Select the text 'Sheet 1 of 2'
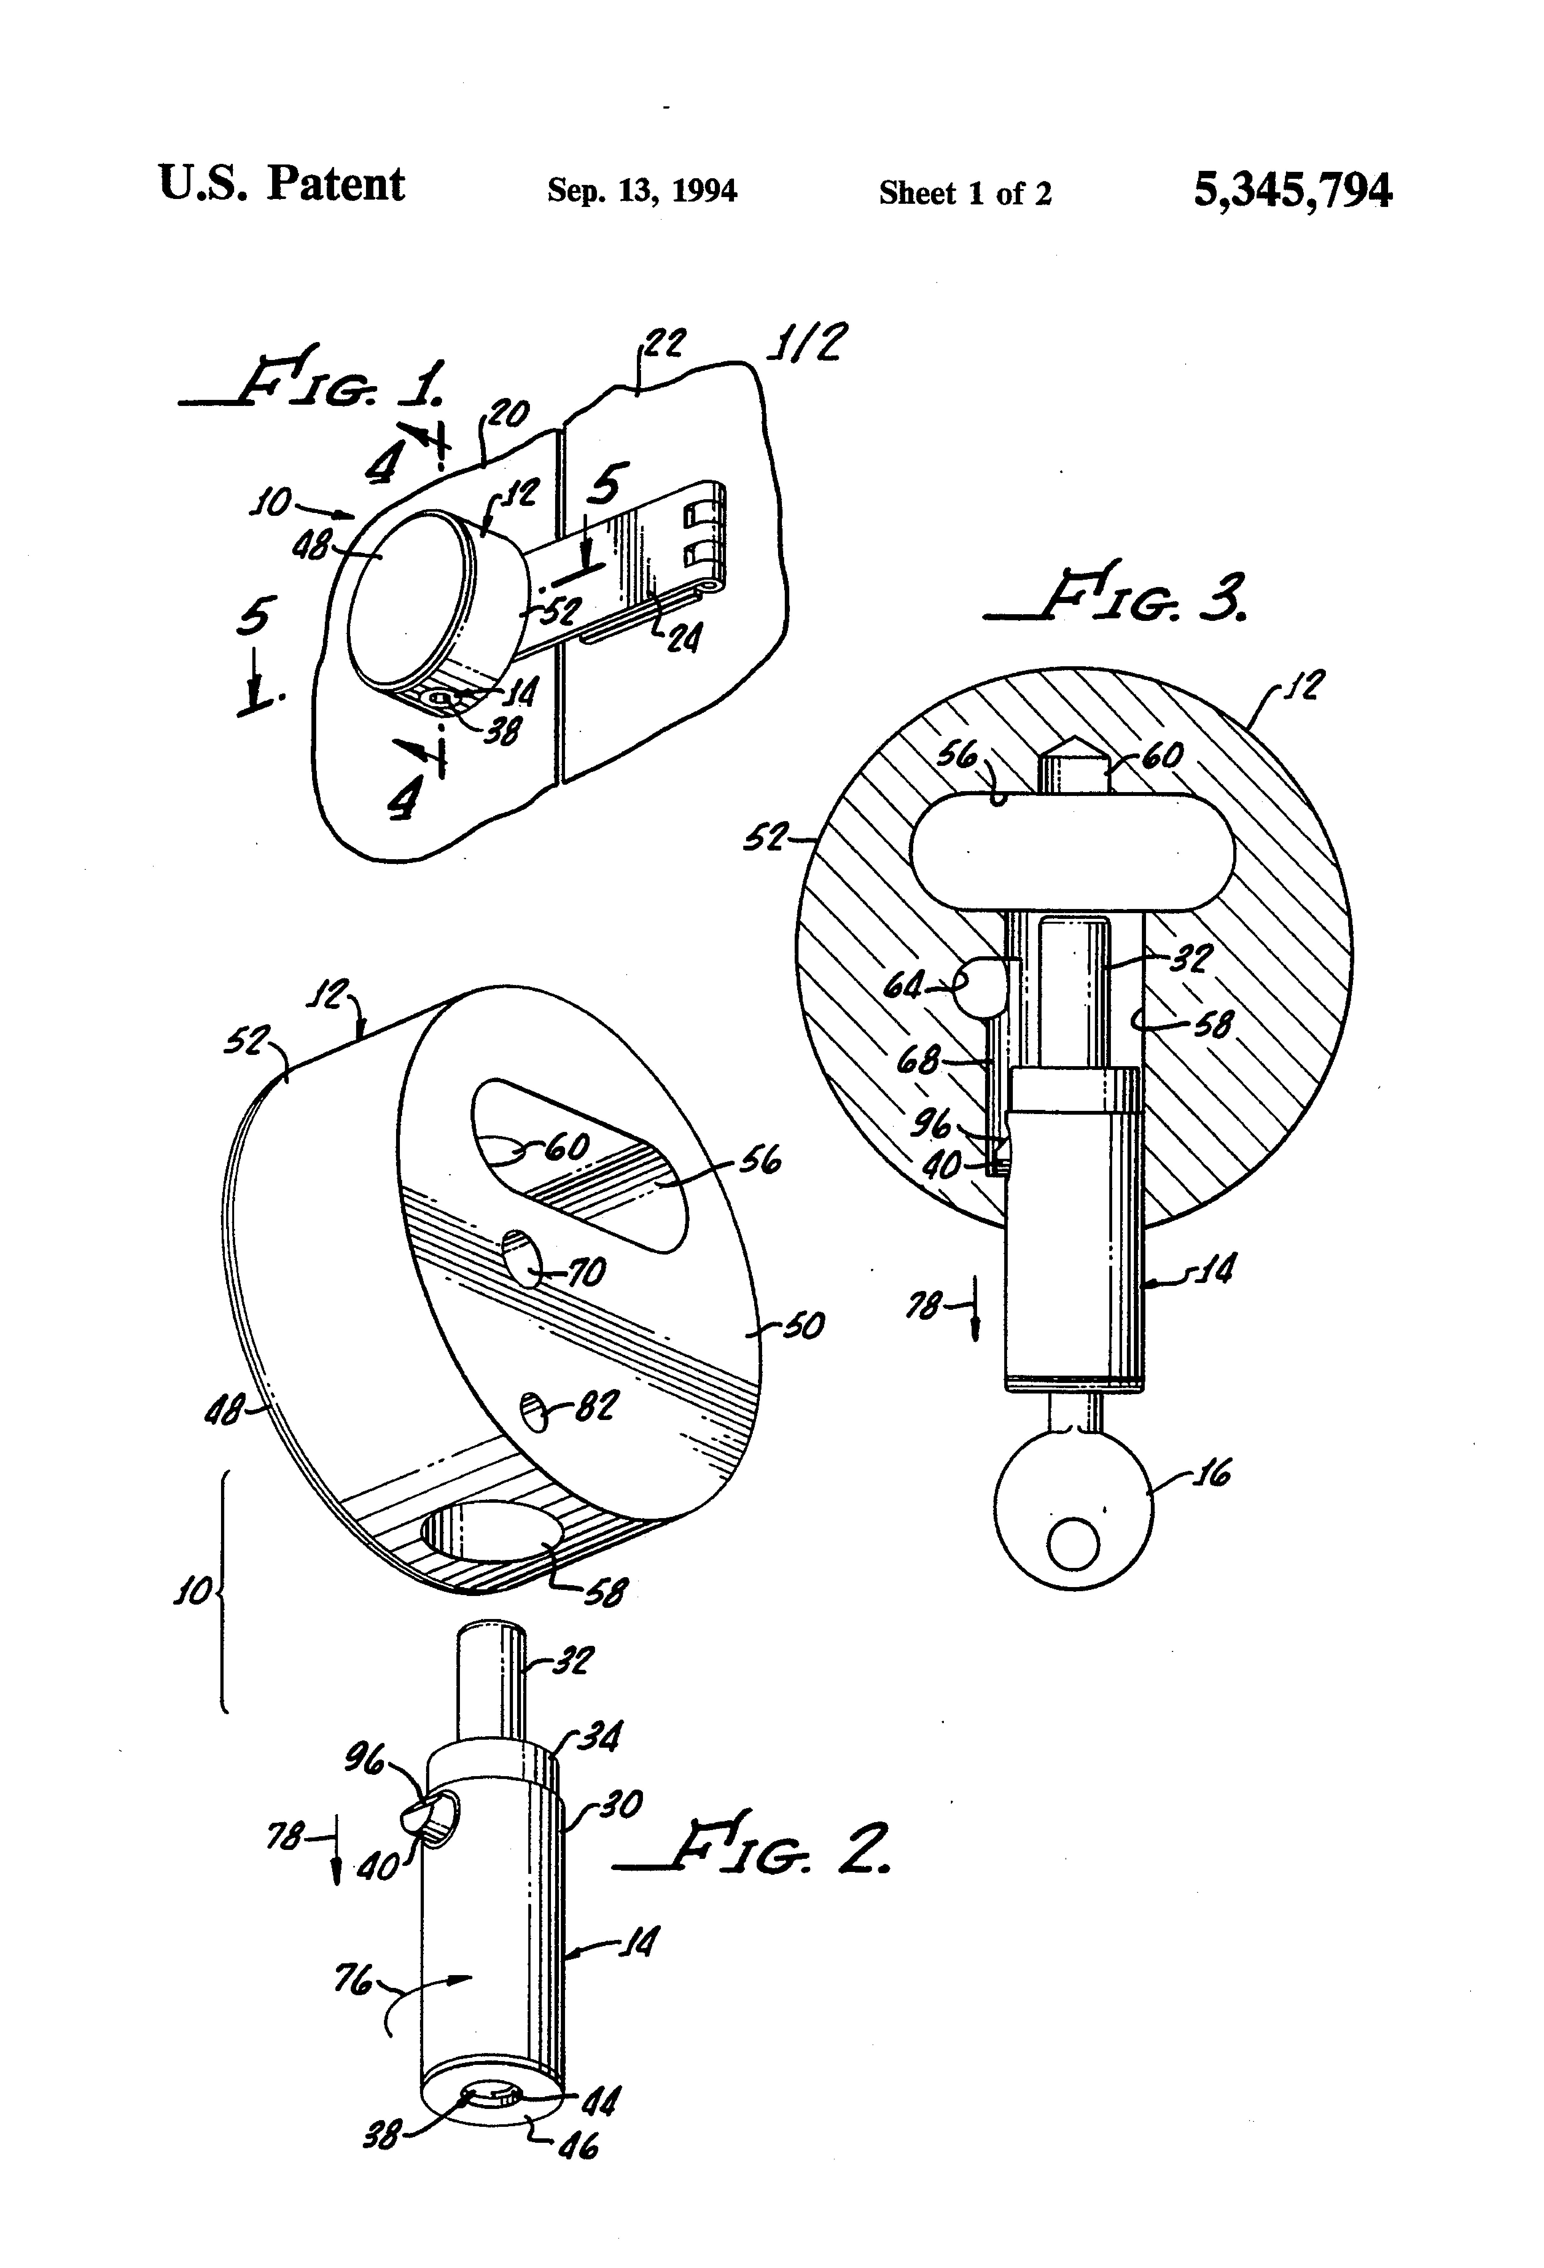[965, 192]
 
